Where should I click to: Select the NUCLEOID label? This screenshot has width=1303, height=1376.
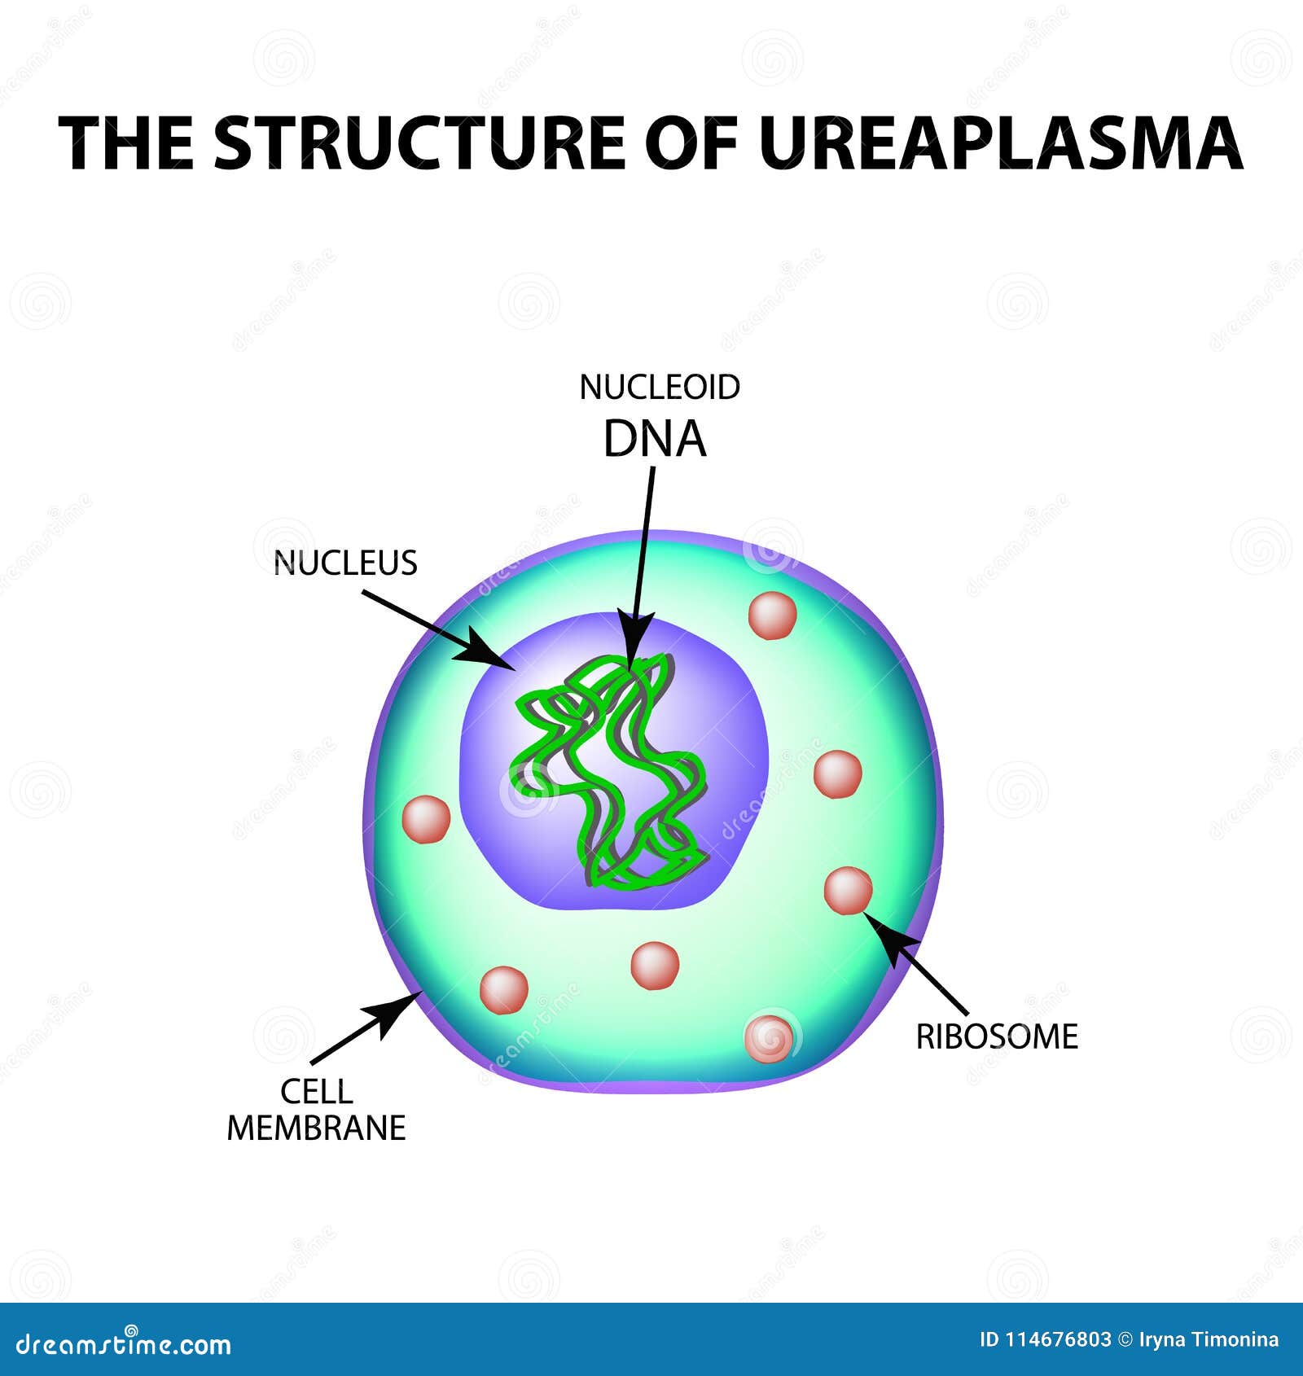point(660,388)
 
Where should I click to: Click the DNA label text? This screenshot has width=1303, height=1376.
point(655,440)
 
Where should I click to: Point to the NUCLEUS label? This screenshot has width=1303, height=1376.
point(345,563)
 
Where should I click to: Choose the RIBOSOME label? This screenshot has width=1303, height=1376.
point(997,1037)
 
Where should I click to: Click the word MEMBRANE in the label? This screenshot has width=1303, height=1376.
point(317,1128)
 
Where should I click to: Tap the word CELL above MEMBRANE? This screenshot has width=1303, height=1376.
point(317,1091)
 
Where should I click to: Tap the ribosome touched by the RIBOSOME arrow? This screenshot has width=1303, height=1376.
point(848,891)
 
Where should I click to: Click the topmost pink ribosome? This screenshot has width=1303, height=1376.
point(772,616)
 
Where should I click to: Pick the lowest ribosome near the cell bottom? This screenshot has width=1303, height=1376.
point(769,1038)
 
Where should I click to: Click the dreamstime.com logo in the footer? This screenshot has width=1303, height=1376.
point(124,1344)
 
